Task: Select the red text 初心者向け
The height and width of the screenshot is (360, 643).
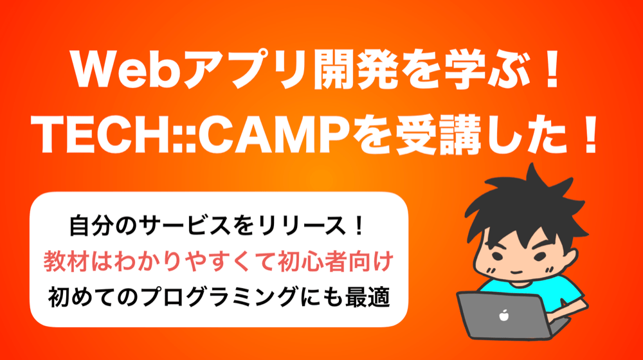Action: (336, 261)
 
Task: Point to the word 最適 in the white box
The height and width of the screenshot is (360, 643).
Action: (368, 297)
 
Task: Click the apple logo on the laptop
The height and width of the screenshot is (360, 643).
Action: (503, 315)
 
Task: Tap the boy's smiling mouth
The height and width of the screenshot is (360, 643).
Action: (517, 273)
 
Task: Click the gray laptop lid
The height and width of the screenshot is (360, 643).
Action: (503, 314)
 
